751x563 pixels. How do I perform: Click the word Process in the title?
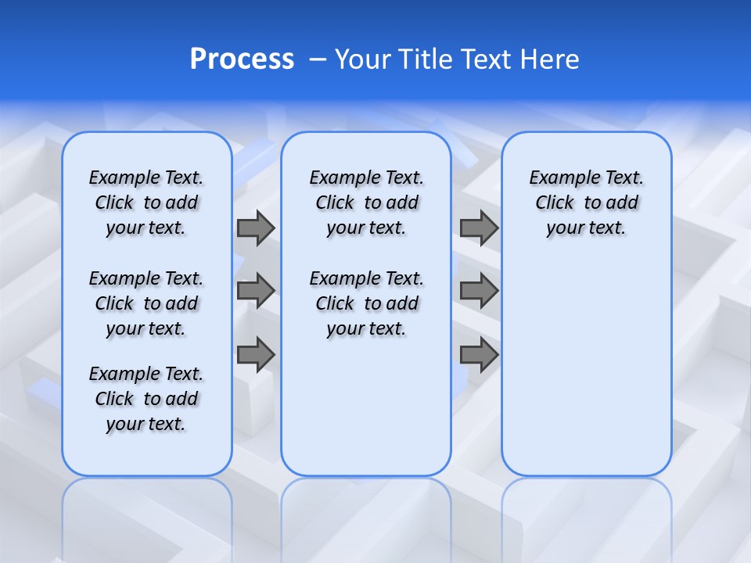pos(242,59)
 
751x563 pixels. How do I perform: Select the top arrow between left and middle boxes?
pos(255,228)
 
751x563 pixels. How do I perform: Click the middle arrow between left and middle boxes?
pos(255,291)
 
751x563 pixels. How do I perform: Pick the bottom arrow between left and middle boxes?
pos(255,354)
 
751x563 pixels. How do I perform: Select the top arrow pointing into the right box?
pos(479,228)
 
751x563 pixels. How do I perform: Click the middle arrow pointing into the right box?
pos(479,291)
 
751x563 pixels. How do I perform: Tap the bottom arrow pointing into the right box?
pos(479,354)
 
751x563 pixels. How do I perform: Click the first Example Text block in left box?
pos(146,203)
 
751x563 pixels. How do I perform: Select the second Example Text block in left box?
pos(146,303)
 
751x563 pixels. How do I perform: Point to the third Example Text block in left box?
pos(146,399)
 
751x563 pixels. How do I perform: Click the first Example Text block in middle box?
pos(366,203)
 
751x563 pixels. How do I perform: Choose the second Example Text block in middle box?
pos(366,303)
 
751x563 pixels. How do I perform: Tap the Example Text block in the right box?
pos(587,203)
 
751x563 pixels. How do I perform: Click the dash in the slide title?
pos(318,59)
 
